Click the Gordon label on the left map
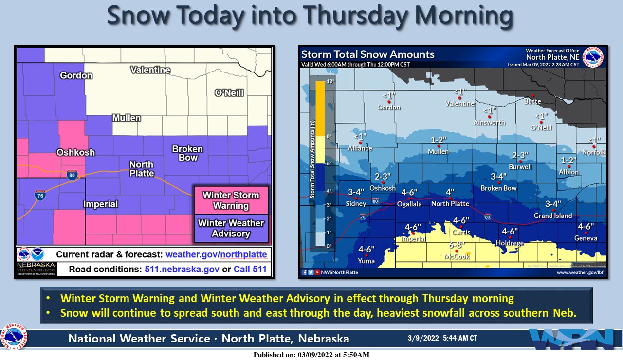[x=76, y=75]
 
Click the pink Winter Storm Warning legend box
[x=231, y=200]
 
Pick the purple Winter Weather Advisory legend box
[x=231, y=228]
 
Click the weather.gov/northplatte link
[x=216, y=254]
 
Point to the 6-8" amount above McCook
[x=458, y=245]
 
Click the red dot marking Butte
[x=532, y=96]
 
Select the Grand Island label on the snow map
[x=553, y=216]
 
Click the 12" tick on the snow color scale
[x=317, y=81]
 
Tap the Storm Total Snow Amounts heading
[x=367, y=54]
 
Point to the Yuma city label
[x=366, y=261]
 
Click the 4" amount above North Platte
[x=450, y=192]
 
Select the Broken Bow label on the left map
[x=187, y=153]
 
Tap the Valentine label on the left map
[x=150, y=70]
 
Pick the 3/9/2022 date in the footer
[x=424, y=338]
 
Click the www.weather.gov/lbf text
[x=581, y=272]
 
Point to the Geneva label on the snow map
[x=586, y=238]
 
